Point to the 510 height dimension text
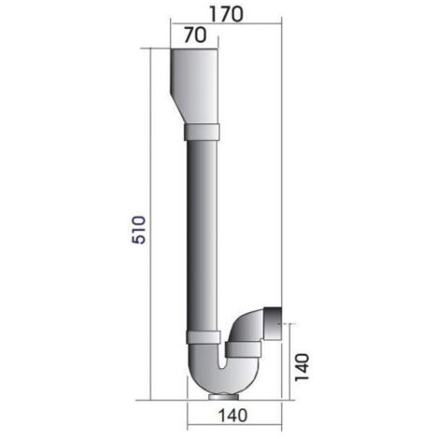tap(135, 230)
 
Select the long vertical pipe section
tap(199, 234)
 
